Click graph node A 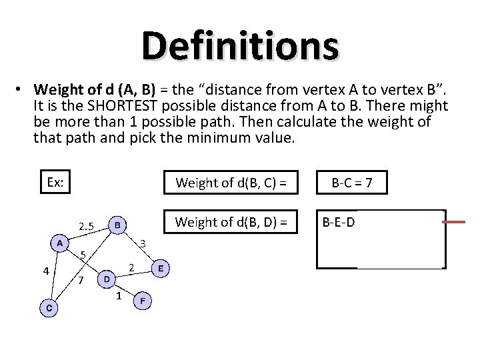click(60, 243)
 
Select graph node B click(117, 225)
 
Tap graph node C click(48, 307)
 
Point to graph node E click(161, 269)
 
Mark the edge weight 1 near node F click(118, 295)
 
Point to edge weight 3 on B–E click(141, 243)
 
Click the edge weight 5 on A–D click(82, 254)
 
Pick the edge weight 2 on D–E click(133, 268)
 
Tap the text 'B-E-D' click(339, 221)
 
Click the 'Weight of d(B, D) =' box click(231, 221)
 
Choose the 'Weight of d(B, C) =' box click(231, 181)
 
